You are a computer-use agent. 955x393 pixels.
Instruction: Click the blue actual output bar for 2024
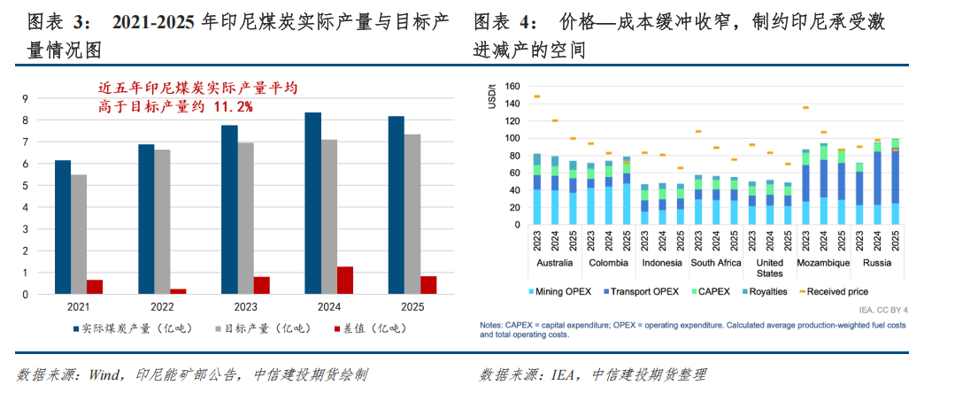312,203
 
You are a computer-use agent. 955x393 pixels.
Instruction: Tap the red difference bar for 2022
178,290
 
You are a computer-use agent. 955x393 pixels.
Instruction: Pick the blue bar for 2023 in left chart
229,209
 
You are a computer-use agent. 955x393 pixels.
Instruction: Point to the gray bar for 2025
412,213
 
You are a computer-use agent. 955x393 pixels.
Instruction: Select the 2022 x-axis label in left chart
162,307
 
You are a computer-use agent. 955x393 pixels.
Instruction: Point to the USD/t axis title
491,95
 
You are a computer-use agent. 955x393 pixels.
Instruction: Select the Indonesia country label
661,262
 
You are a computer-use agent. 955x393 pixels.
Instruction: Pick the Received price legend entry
836,291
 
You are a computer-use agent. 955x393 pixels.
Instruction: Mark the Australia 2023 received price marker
536,96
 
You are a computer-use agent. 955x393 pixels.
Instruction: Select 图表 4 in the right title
502,20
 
